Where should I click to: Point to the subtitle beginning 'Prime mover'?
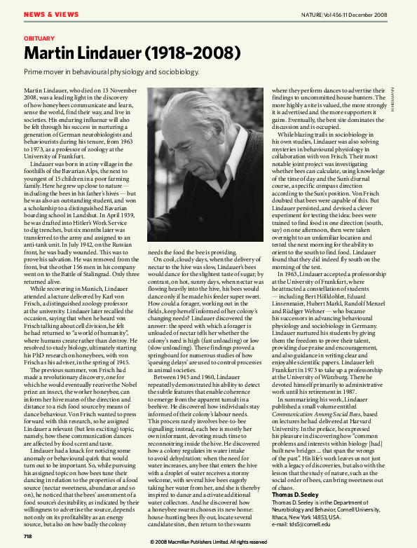pyautogui.click(x=112, y=71)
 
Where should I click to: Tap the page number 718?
pyautogui.click(x=28, y=536)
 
